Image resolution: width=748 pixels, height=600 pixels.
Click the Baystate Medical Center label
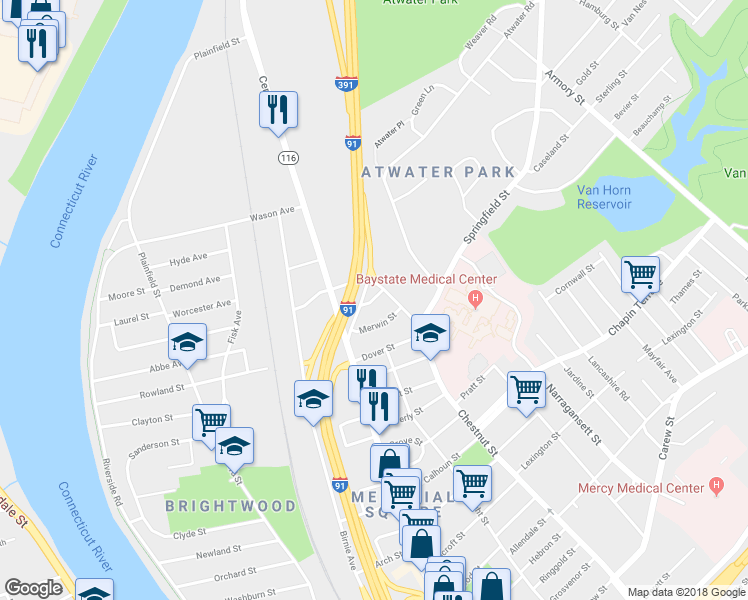tap(427, 279)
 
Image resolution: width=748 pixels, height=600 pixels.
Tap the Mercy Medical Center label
tap(641, 489)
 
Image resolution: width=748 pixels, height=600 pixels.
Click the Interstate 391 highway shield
tap(343, 85)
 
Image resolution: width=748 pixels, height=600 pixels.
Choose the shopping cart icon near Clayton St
tap(211, 421)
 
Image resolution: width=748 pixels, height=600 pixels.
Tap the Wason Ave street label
tap(272, 214)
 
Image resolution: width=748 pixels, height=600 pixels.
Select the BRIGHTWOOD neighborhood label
tap(231, 506)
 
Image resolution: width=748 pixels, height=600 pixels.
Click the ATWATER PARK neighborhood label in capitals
tap(438, 172)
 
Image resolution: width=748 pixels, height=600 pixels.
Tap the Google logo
tap(33, 588)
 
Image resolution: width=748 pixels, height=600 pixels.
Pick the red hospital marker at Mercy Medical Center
tap(715, 486)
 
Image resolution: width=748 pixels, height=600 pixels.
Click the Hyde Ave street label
tap(188, 259)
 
